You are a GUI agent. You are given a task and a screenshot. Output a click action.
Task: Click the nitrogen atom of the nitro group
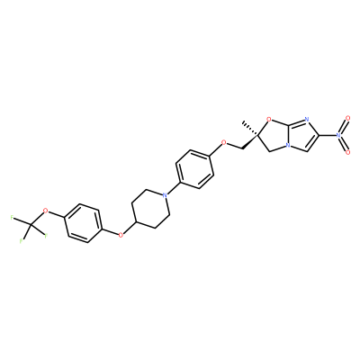[x=338, y=135]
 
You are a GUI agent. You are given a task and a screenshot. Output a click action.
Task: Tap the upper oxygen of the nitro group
[x=347, y=118]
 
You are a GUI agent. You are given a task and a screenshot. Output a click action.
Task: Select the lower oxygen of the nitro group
[x=347, y=152]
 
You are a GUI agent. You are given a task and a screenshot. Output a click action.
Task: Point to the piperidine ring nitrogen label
[x=164, y=195]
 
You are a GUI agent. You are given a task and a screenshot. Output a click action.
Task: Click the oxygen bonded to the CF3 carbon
[x=46, y=211]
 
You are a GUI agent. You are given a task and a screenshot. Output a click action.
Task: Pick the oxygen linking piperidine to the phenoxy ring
[x=121, y=235]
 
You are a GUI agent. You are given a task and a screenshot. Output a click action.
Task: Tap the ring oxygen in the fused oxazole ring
[x=268, y=121]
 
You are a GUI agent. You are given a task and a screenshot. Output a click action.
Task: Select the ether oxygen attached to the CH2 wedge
[x=223, y=142]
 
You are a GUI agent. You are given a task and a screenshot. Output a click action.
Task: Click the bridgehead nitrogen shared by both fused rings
[x=288, y=147]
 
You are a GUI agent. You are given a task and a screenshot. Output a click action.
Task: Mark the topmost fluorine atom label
[x=12, y=218]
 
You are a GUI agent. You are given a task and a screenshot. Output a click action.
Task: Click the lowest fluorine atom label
[x=21, y=241]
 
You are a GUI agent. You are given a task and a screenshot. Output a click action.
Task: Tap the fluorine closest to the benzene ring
[x=46, y=236]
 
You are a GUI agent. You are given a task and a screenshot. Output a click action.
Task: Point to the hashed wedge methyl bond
[x=250, y=129]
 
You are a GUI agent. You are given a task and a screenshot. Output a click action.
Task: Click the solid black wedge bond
[x=249, y=142]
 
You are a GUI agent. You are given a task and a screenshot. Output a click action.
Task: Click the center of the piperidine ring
[x=150, y=209]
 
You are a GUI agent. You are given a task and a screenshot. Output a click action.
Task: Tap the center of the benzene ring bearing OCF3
[x=83, y=223]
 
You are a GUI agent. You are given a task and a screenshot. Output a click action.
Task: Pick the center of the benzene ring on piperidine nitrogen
[x=194, y=169]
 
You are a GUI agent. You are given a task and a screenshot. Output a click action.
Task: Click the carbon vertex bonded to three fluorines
[x=31, y=224]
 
